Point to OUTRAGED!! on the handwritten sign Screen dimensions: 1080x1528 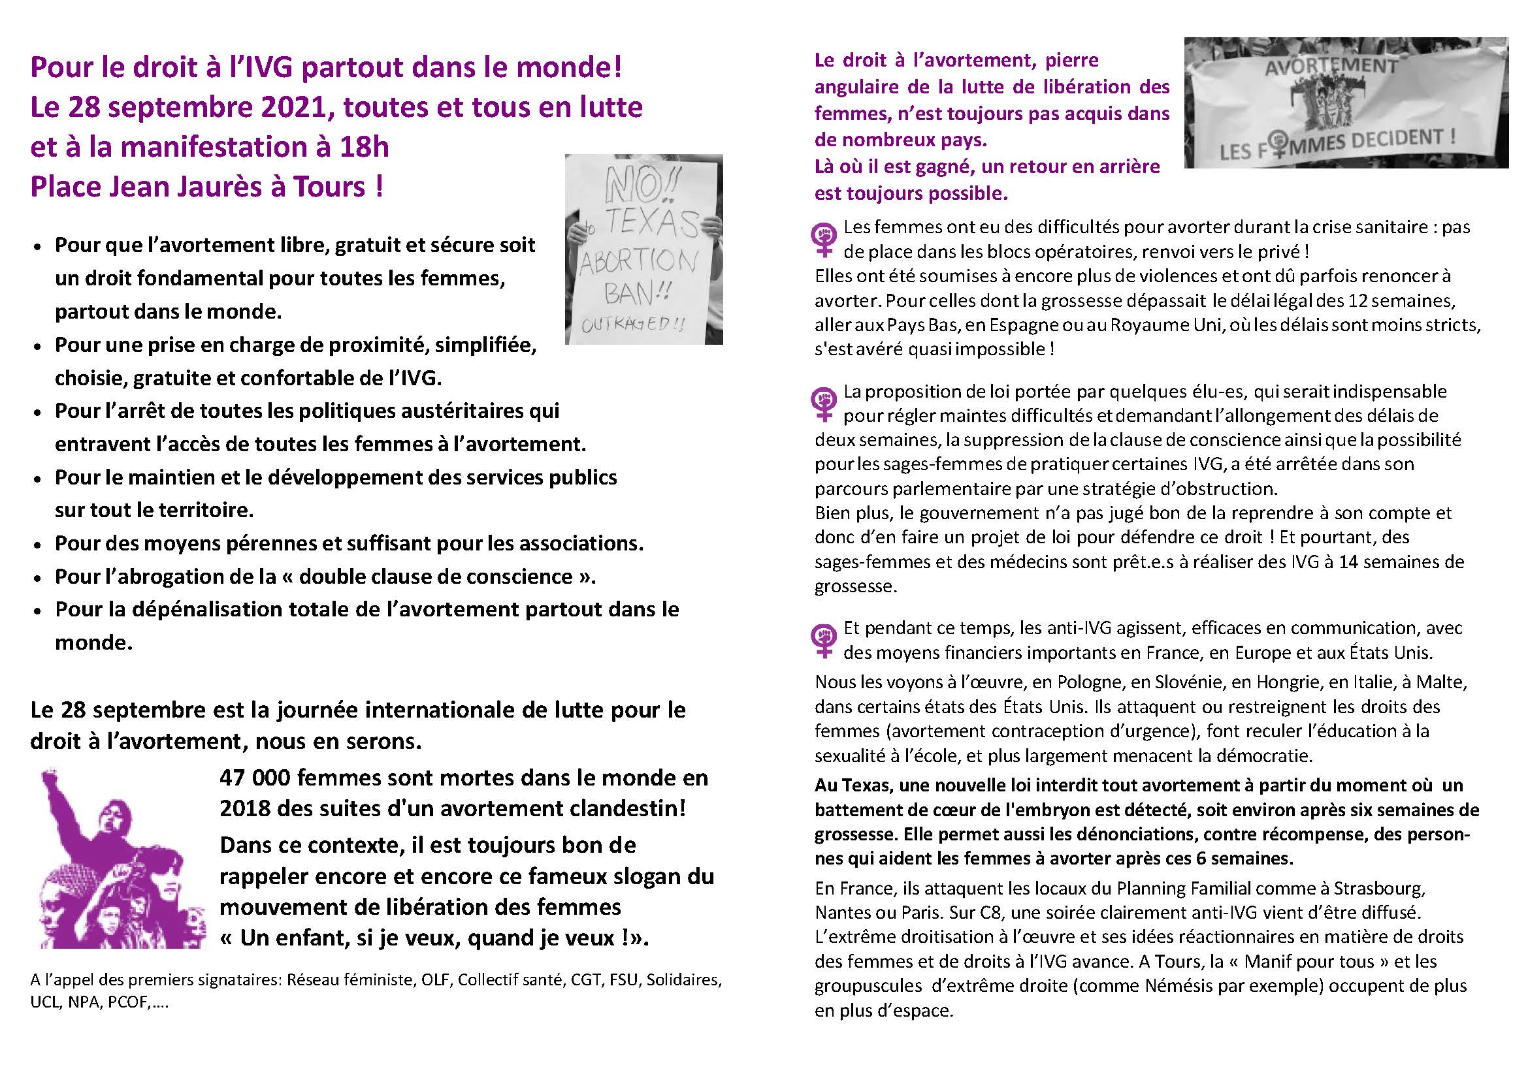632,324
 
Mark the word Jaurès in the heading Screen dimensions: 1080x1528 221,187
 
